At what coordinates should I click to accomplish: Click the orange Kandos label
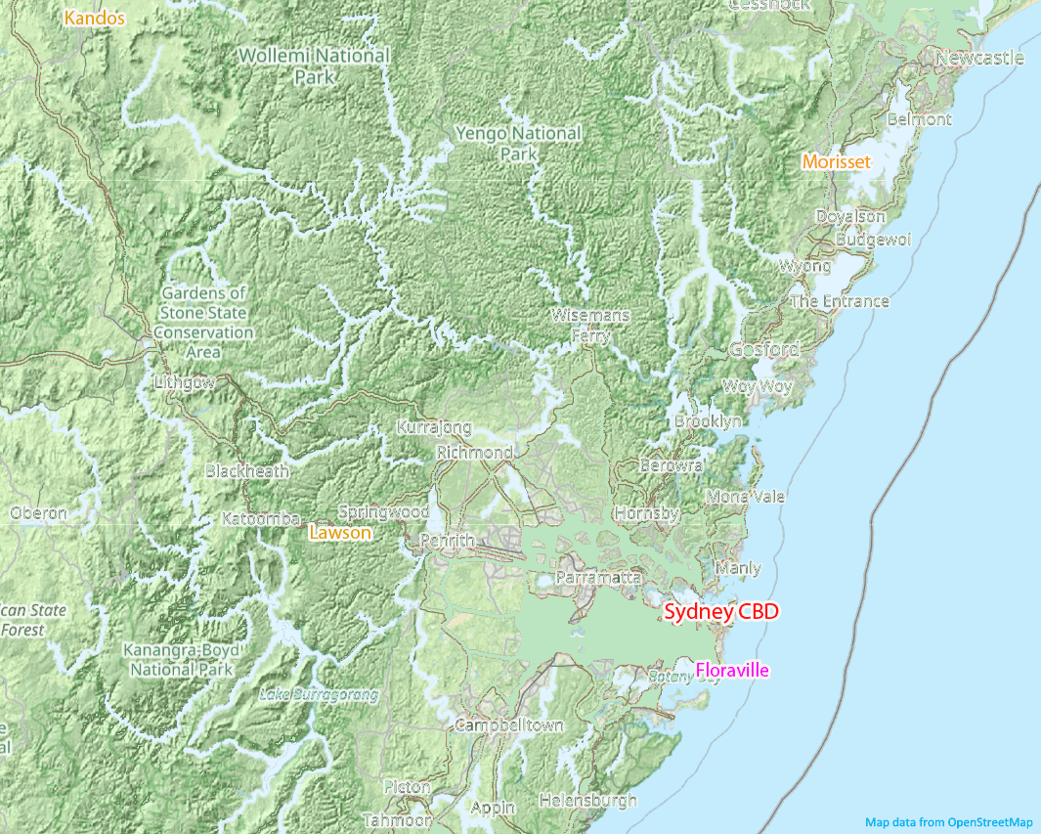(95, 18)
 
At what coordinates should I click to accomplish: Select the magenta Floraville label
(732, 671)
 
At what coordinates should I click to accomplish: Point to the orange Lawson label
(339, 533)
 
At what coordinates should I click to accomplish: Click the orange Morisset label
(836, 162)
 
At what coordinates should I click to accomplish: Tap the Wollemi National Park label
(314, 65)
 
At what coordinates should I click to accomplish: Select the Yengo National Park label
(518, 143)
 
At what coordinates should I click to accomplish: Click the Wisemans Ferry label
(590, 326)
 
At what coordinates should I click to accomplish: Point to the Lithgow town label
(185, 382)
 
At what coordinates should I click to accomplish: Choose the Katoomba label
(260, 519)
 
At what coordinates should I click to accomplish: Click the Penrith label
(446, 541)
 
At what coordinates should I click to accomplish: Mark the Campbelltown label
(508, 725)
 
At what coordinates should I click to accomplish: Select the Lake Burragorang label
(319, 695)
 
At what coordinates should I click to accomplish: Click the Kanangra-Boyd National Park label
(182, 660)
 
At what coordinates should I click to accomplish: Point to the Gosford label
(763, 350)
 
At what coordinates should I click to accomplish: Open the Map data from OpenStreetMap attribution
(948, 822)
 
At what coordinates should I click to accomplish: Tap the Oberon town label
(39, 513)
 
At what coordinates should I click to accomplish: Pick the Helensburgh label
(587, 800)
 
